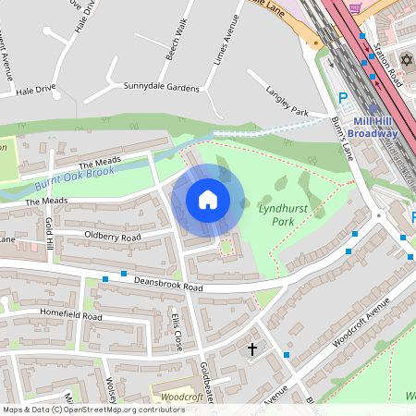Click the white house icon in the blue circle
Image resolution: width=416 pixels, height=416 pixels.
coord(208,200)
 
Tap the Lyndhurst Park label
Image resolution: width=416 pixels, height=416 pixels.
coord(276,216)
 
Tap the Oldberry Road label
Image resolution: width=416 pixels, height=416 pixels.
coord(112,238)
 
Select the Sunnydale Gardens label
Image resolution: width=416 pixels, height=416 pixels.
coord(161,87)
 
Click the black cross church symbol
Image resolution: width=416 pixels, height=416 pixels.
coord(251,349)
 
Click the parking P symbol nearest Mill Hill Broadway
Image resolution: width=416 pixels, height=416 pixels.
coord(343,97)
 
